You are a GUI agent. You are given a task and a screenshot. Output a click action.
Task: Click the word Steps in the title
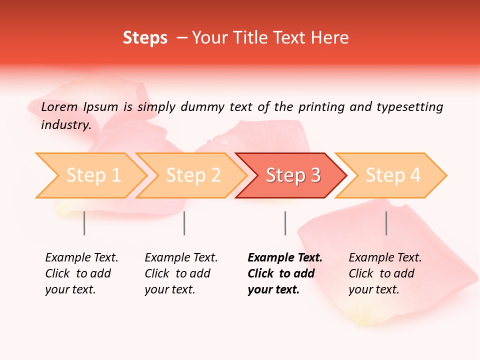point(145,38)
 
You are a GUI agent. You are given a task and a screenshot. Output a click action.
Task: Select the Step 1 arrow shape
point(93,175)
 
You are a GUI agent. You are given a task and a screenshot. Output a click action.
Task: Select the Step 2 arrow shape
point(193,175)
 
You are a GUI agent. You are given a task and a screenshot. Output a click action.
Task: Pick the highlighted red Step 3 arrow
point(292,175)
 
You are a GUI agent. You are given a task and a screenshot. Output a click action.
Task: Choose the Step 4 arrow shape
point(392,175)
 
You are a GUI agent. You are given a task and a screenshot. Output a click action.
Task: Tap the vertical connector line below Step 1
point(84,223)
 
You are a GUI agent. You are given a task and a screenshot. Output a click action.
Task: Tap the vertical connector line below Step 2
point(184,223)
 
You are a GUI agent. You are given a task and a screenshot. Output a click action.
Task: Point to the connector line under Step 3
point(285,223)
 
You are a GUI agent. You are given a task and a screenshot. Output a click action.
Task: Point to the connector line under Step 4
point(386,223)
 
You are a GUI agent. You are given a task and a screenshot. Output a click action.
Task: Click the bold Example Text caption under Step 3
point(285,258)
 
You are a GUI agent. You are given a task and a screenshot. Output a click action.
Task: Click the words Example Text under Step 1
point(81,258)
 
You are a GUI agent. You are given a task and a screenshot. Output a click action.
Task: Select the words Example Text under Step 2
point(181,258)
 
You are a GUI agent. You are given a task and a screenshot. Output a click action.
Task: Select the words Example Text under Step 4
point(385,258)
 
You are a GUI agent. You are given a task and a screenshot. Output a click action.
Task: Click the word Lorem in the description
point(59,107)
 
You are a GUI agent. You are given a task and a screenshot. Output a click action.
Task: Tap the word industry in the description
point(65,125)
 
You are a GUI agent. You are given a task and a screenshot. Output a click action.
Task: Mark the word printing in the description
point(320,107)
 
